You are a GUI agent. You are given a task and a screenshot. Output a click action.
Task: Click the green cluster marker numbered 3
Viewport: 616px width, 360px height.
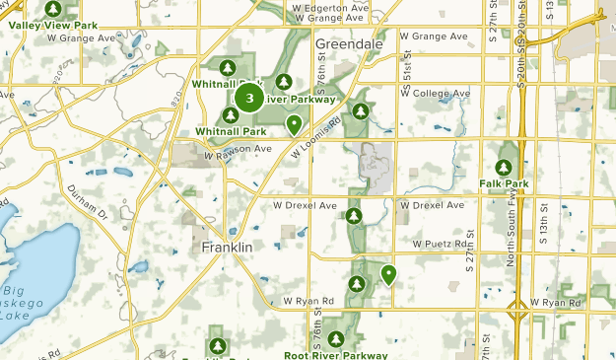[249, 99]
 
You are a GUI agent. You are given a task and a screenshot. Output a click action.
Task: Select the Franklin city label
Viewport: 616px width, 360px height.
[228, 247]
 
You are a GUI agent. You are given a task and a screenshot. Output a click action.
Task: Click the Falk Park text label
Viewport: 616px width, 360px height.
[505, 183]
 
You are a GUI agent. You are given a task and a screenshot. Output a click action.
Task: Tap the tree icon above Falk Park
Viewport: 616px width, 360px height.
[505, 167]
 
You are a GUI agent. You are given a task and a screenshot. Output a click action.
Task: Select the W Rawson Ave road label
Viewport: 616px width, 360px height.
[237, 150]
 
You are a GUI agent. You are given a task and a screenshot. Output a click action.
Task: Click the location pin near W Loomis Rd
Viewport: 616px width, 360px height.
[294, 123]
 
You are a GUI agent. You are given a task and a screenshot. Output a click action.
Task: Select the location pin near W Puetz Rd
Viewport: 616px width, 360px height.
[389, 274]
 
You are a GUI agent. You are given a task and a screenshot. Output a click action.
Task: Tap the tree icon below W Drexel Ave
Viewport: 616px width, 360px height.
[354, 215]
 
